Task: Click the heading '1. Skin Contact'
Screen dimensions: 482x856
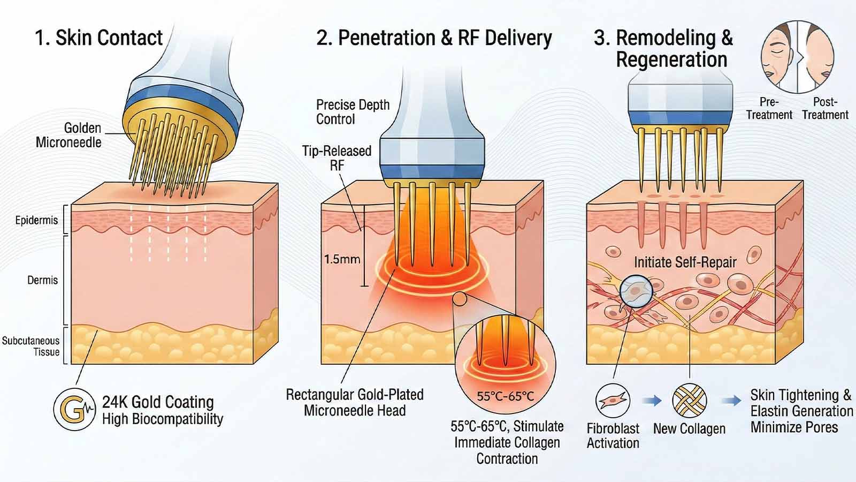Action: [98, 38]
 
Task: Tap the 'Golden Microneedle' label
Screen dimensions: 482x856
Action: [68, 135]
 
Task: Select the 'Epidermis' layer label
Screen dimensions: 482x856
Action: [36, 220]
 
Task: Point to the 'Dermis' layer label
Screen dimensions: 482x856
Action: [42, 280]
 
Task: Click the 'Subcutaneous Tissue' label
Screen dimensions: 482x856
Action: [30, 346]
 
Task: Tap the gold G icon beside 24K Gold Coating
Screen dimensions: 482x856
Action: [74, 410]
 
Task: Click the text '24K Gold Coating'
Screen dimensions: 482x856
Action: [158, 402]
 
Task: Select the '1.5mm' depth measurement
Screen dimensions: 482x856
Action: [342, 260]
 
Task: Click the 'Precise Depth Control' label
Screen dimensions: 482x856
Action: [353, 111]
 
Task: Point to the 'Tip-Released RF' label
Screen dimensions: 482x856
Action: [337, 158]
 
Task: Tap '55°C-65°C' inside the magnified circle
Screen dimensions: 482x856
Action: [505, 397]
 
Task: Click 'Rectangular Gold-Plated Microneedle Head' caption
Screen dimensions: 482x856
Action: [355, 403]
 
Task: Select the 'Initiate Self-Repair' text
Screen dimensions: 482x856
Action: [685, 262]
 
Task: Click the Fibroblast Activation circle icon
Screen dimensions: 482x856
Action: [613, 401]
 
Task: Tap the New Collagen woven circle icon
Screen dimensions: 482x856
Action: [689, 401]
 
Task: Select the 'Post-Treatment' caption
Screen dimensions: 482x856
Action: [824, 108]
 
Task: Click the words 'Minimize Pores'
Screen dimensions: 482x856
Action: [794, 427]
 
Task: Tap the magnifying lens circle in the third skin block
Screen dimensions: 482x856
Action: [636, 292]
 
